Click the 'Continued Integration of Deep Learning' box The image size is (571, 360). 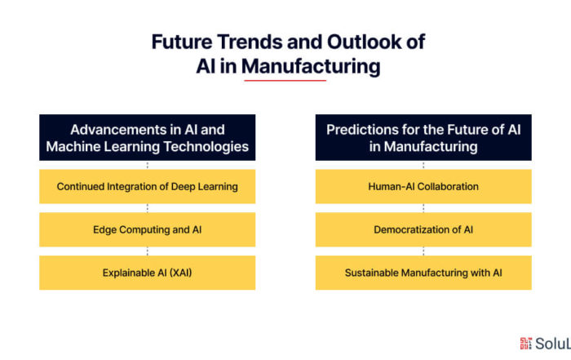point(147,186)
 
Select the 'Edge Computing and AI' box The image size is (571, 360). point(147,229)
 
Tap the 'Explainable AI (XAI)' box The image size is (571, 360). point(147,273)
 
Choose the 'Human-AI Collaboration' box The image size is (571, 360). point(423,186)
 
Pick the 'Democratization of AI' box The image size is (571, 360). point(423,229)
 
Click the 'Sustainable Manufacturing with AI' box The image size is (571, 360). point(423,273)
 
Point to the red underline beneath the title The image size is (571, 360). point(285,80)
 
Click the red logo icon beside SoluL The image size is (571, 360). point(525,343)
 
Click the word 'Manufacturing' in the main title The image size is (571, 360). point(311,67)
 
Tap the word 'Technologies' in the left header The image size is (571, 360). point(206,146)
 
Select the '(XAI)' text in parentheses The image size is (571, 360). point(179,273)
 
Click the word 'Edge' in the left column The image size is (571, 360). point(104,230)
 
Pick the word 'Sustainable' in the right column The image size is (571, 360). point(371,273)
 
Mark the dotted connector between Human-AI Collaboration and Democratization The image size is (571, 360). point(423,208)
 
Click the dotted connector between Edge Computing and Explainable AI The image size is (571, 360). point(147,251)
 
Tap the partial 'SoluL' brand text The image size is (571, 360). point(553,344)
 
